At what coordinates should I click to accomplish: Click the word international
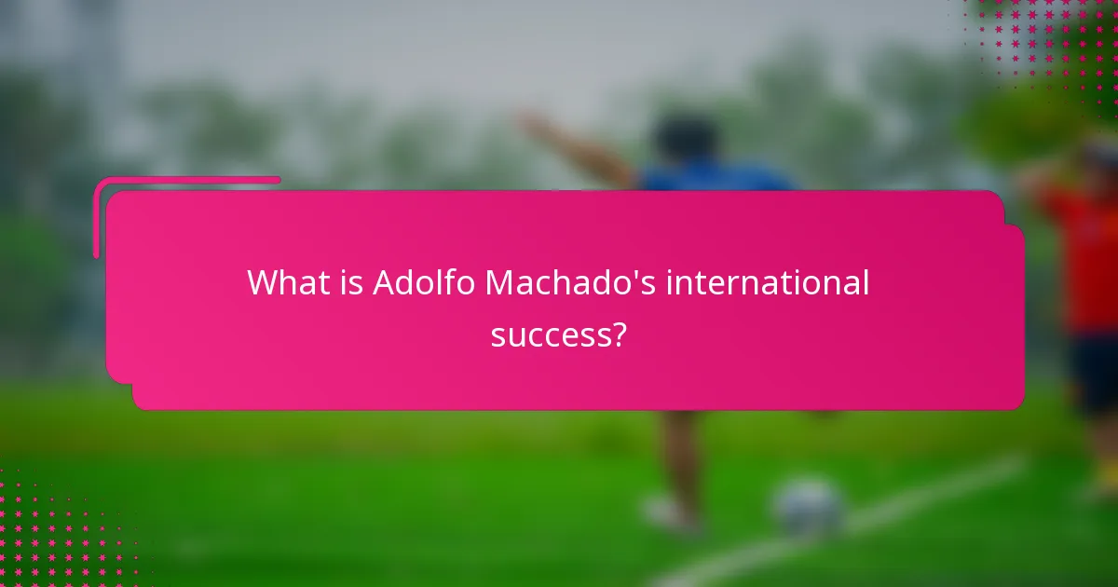pyautogui.click(x=767, y=283)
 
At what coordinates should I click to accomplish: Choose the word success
pyautogui.click(x=550, y=334)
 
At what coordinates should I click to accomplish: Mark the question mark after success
pyautogui.click(x=617, y=334)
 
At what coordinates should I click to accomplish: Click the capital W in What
pyautogui.click(x=263, y=283)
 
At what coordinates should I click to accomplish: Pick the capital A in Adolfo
pyautogui.click(x=383, y=283)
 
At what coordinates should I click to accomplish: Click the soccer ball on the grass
pyautogui.click(x=809, y=508)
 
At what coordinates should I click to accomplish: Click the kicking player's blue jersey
pyautogui.click(x=717, y=179)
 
